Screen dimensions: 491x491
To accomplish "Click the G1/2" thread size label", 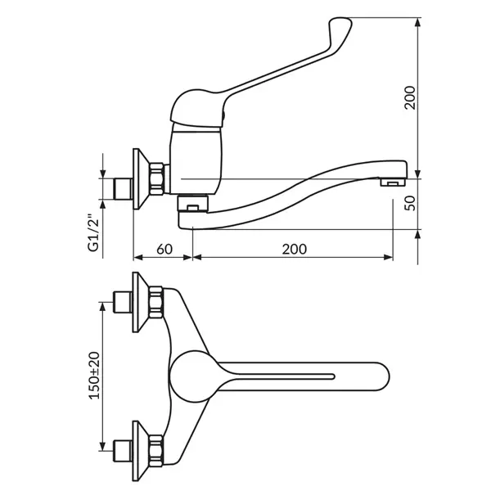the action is [93, 233].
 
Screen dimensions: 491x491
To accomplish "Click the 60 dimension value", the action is [164, 249].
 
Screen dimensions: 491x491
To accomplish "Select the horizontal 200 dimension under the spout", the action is [295, 249].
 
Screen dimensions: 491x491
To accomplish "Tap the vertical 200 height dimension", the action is [410, 97].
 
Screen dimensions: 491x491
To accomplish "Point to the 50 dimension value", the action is [410, 203].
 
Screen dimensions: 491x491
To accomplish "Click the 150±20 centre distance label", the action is [94, 376].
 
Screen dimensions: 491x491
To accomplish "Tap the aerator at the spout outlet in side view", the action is [393, 182].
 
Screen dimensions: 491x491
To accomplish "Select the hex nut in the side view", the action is [156, 178].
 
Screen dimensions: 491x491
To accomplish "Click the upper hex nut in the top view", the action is [156, 302].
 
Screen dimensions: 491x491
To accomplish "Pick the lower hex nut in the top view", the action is [156, 451].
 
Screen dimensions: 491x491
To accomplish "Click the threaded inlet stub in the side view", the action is [123, 189].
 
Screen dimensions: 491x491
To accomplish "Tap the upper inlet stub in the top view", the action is [123, 302].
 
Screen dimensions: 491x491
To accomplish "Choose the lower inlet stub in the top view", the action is [123, 451].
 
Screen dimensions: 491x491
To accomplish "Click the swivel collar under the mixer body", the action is [192, 203].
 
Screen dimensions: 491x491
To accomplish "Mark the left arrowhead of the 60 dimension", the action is [137, 258].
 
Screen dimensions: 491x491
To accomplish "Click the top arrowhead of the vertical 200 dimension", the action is [417, 23].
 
